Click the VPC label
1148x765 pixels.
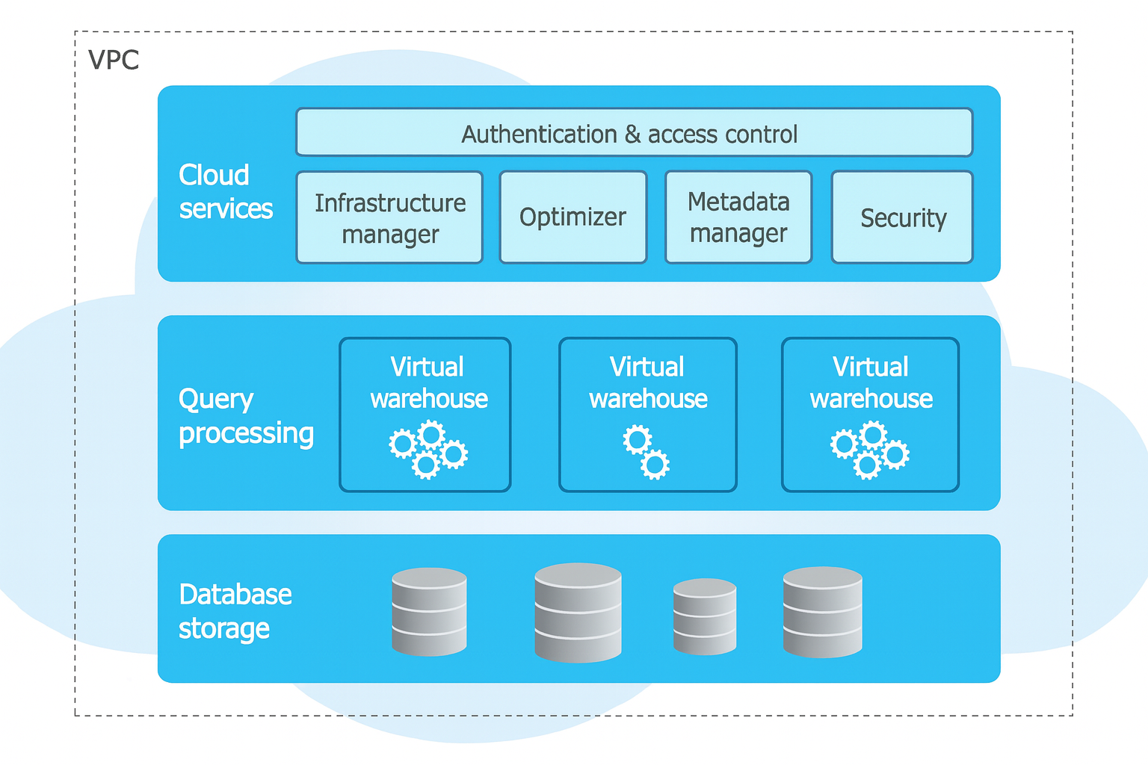[114, 60]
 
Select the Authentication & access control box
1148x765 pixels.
[634, 132]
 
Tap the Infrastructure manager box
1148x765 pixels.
[389, 217]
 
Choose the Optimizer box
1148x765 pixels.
[573, 217]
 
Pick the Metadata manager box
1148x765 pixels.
[738, 217]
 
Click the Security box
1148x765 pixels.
[902, 217]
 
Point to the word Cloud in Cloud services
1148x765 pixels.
[214, 175]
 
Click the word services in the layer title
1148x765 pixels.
[226, 208]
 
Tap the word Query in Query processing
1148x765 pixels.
[216, 400]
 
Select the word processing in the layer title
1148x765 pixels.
[246, 433]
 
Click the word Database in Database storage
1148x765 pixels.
[235, 595]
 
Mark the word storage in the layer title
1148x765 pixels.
[223, 629]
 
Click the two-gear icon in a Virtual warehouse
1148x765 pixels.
[646, 451]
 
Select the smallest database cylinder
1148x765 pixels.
[705, 616]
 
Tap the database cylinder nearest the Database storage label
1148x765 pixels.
[429, 612]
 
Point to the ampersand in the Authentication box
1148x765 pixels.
[632, 134]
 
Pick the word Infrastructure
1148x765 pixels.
[390, 202]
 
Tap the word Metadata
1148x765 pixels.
[738, 202]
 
